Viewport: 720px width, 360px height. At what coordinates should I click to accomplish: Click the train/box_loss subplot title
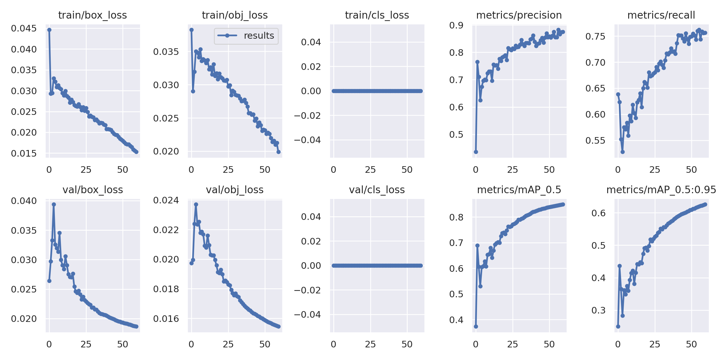(x=92, y=15)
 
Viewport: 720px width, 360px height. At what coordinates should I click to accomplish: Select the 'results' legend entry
(x=246, y=36)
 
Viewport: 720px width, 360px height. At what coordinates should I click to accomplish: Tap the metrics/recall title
(x=661, y=15)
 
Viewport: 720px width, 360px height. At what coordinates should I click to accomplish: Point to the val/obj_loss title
(x=235, y=190)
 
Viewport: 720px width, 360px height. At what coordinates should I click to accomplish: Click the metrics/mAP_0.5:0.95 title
(x=661, y=190)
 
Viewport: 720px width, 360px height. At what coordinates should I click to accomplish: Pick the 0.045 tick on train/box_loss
(x=24, y=28)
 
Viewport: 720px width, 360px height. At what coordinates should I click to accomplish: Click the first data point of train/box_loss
(x=49, y=30)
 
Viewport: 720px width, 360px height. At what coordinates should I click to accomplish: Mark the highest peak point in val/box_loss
(x=54, y=204)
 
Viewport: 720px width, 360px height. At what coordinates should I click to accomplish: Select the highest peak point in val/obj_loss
(x=196, y=204)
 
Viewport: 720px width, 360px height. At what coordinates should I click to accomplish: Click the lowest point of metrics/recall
(x=622, y=152)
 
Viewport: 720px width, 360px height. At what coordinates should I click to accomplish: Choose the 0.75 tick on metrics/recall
(x=595, y=37)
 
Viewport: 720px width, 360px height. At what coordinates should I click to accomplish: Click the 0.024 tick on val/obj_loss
(x=166, y=200)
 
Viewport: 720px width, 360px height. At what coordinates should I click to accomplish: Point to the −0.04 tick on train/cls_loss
(x=307, y=140)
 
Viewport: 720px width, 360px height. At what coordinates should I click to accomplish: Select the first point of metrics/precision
(x=476, y=152)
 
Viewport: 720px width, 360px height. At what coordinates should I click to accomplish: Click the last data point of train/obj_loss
(x=278, y=152)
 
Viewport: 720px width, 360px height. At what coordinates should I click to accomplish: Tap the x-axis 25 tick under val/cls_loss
(x=370, y=344)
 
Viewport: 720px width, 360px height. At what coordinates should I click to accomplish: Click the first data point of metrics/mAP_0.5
(x=476, y=326)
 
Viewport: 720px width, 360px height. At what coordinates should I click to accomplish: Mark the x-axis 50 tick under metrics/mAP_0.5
(x=549, y=344)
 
